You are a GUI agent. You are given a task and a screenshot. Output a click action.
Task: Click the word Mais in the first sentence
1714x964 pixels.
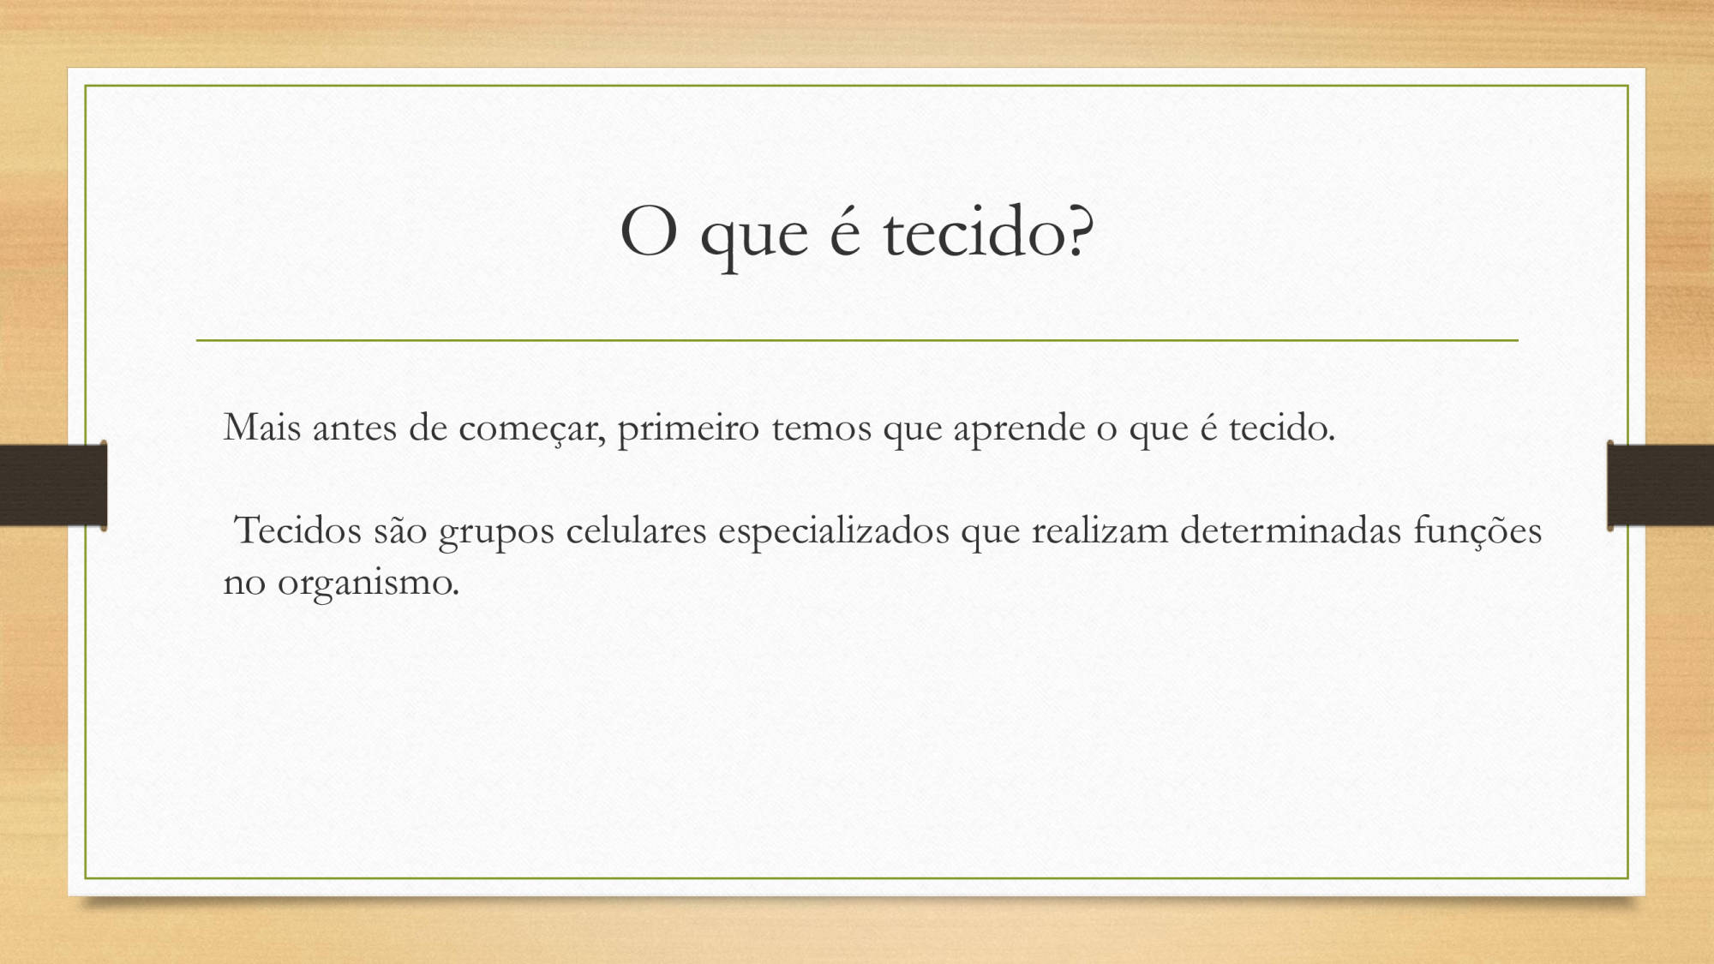pos(262,427)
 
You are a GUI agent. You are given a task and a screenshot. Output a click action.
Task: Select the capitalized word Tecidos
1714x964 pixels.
pos(298,530)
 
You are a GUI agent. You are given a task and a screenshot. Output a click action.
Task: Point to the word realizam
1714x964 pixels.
pos(1100,530)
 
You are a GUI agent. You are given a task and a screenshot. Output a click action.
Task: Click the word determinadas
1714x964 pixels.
pos(1291,530)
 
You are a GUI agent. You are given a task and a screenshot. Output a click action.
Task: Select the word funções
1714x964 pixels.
pos(1477,532)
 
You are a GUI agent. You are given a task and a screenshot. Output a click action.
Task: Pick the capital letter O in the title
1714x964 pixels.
pos(649,232)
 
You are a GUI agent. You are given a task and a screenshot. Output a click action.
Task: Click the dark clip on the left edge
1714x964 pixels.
pos(53,485)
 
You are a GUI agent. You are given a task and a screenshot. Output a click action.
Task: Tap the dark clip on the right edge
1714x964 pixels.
pos(1660,485)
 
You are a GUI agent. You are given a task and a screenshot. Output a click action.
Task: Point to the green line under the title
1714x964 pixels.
pos(857,340)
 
